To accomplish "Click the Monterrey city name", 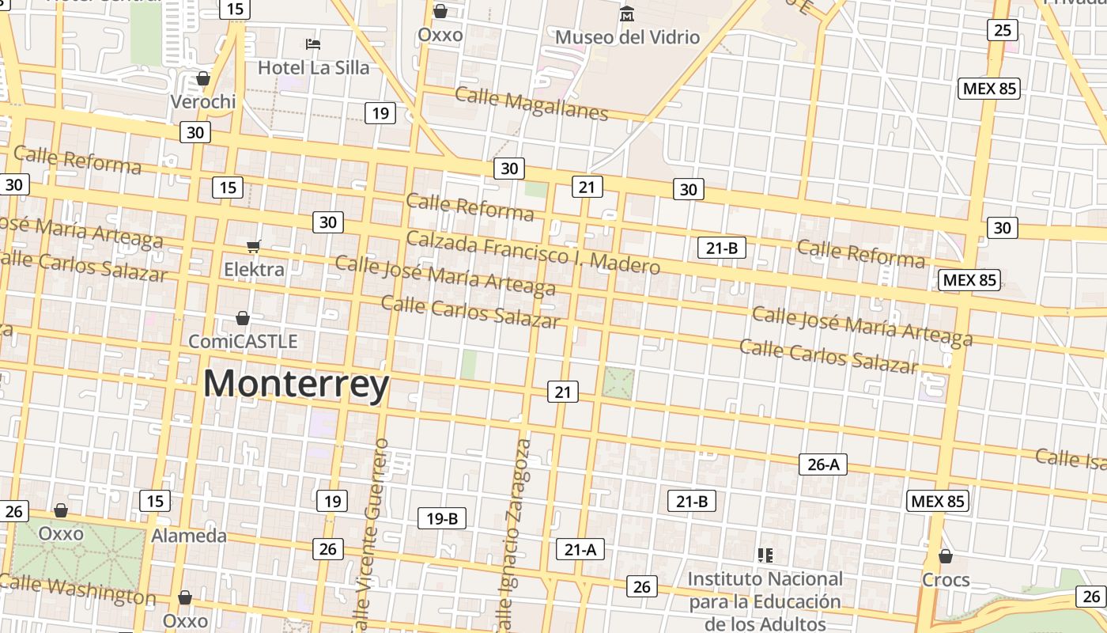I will click(296, 385).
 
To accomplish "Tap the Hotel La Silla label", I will click(313, 68).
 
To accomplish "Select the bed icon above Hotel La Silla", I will click(313, 44).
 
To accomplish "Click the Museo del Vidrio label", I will click(627, 37).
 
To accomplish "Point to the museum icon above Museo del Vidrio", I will click(627, 13).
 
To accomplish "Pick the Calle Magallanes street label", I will click(531, 104).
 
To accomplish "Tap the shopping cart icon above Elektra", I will click(254, 247).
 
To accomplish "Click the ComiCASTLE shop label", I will click(243, 341).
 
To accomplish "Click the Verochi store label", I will click(203, 101).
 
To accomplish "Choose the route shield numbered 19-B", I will click(441, 519).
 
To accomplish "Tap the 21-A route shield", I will click(580, 549).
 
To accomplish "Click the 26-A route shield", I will click(822, 464).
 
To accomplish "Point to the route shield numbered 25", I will click(1002, 31).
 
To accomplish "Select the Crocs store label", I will click(946, 580).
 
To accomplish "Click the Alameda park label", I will click(189, 536).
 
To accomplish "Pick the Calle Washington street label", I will click(77, 589).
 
